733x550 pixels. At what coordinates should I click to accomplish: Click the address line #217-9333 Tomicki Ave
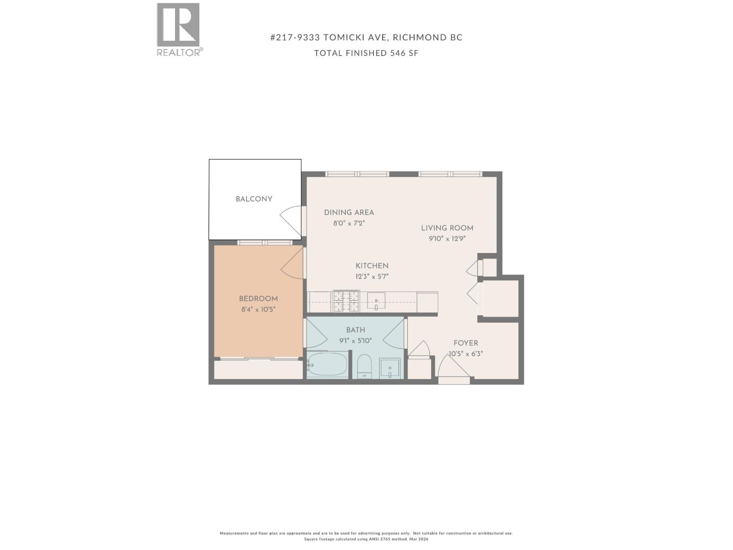[x=366, y=38]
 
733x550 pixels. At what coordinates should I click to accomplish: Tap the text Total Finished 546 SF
[x=366, y=53]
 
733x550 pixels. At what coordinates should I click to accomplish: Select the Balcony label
[x=254, y=199]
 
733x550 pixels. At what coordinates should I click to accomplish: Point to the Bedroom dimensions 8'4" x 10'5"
[x=258, y=309]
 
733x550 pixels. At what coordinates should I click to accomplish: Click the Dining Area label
[x=349, y=213]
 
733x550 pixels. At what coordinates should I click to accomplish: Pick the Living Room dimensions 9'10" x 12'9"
[x=447, y=239]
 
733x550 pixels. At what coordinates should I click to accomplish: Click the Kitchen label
[x=372, y=266]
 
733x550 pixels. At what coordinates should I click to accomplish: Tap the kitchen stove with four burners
[x=346, y=302]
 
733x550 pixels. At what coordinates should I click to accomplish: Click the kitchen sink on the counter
[x=376, y=301]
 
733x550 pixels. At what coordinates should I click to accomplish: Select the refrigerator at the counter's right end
[x=427, y=302]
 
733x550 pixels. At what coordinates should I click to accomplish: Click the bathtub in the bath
[x=327, y=365]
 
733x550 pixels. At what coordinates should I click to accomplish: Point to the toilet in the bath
[x=365, y=366]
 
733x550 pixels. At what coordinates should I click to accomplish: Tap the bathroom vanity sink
[x=390, y=368]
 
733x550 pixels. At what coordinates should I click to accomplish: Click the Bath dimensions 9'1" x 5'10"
[x=355, y=341]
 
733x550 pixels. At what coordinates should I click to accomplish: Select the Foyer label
[x=465, y=343]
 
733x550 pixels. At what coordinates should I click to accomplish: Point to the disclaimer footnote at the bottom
[x=366, y=536]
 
